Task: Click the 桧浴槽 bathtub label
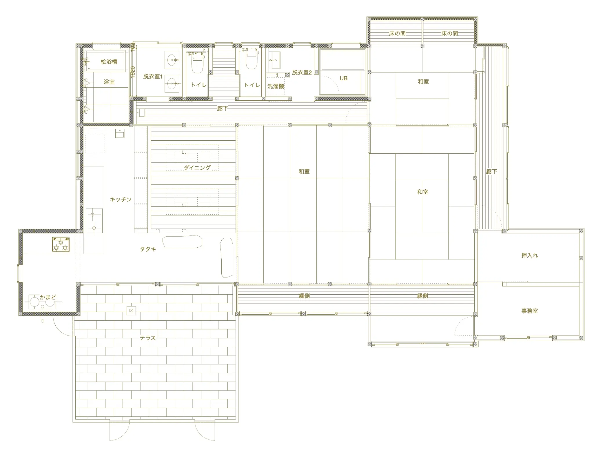click(x=109, y=62)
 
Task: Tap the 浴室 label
click(x=109, y=82)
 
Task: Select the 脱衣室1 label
click(x=153, y=77)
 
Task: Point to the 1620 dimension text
click(x=133, y=72)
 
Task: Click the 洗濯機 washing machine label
click(x=276, y=86)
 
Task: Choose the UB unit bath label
click(x=343, y=78)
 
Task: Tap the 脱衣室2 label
click(x=302, y=72)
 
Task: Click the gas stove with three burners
click(x=61, y=244)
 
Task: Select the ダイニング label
click(x=197, y=168)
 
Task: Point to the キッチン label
click(x=121, y=199)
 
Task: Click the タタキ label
click(x=148, y=249)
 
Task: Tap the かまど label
click(x=48, y=297)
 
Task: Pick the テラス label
click(x=148, y=338)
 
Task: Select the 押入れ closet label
click(x=530, y=255)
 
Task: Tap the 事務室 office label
click(x=530, y=311)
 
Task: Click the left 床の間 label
click(x=397, y=34)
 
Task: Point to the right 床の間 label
click(x=450, y=34)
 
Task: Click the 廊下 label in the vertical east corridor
click(x=491, y=172)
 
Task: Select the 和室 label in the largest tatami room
click(x=304, y=172)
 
